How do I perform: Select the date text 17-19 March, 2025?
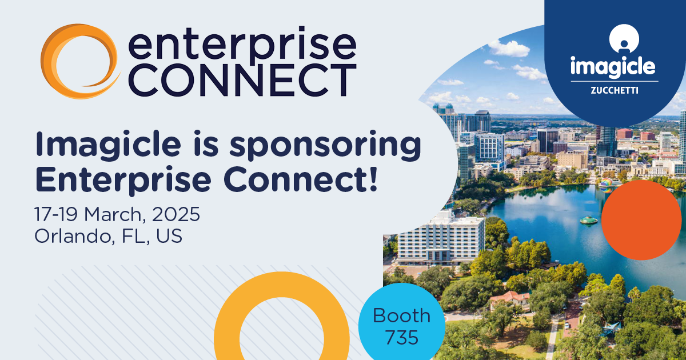117,215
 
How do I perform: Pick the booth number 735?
401,337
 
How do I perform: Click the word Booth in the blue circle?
401,315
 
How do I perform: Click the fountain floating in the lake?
588,219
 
